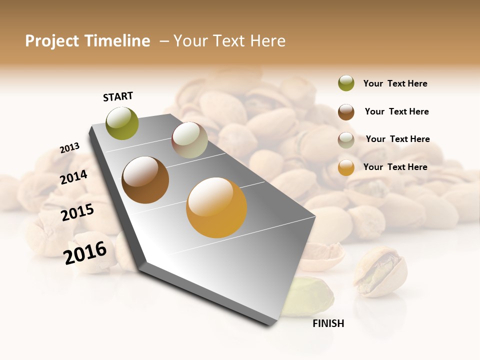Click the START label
pyautogui.click(x=118, y=96)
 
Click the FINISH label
pyautogui.click(x=328, y=323)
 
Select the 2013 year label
pyautogui.click(x=69, y=148)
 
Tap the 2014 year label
pyautogui.click(x=73, y=177)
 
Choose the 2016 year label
pyautogui.click(x=85, y=253)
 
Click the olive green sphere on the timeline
pyautogui.click(x=122, y=123)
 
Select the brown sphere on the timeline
pyautogui.click(x=145, y=180)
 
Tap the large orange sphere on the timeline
pyautogui.click(x=216, y=207)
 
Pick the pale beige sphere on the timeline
pyautogui.click(x=189, y=140)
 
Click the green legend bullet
pyautogui.click(x=346, y=83)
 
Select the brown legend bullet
pyautogui.click(x=346, y=112)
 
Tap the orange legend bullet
pyautogui.click(x=346, y=167)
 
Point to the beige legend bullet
pyautogui.click(x=346, y=140)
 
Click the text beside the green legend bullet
pyautogui.click(x=395, y=83)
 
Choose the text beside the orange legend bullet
pyautogui.click(x=395, y=167)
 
